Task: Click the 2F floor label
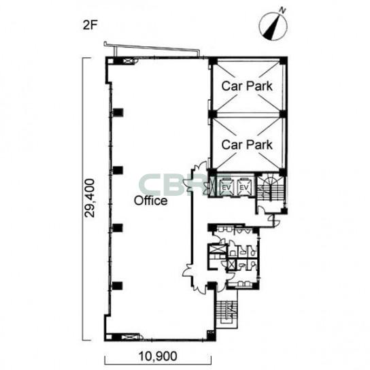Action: click(x=90, y=25)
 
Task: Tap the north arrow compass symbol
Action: click(x=273, y=26)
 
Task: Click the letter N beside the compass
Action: click(x=282, y=10)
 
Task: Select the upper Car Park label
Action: click(x=247, y=86)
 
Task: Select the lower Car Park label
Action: click(x=247, y=144)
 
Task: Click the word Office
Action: click(x=151, y=201)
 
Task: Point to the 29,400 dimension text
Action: click(x=90, y=198)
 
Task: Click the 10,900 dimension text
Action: click(x=158, y=356)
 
